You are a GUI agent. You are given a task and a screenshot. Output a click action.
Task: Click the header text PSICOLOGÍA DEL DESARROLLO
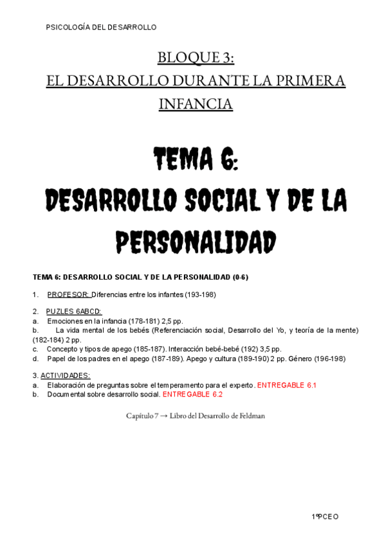click(102, 27)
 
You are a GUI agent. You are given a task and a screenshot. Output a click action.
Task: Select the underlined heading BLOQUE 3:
click(196, 58)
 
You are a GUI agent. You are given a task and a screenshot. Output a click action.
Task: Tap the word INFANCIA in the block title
click(196, 103)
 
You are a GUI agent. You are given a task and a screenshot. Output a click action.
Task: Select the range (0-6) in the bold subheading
click(236, 277)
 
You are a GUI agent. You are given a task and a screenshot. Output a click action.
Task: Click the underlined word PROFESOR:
click(68, 294)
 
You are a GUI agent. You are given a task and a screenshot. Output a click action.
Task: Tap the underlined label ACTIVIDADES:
click(65, 375)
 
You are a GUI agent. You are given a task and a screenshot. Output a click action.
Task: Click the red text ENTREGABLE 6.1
click(286, 385)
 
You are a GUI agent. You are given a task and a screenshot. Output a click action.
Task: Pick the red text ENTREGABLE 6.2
click(192, 394)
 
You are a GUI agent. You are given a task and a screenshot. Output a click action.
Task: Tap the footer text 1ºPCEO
click(325, 516)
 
